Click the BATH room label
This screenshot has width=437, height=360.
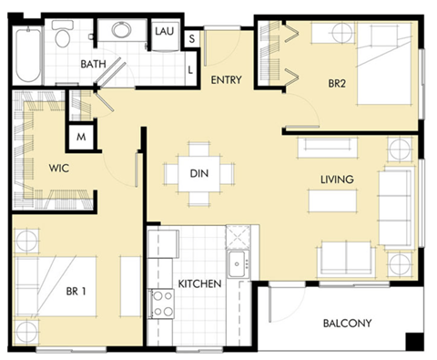(x=93, y=64)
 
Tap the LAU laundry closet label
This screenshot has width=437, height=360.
(x=165, y=31)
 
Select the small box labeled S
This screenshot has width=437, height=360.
(x=192, y=39)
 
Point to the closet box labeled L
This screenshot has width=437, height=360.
(x=191, y=68)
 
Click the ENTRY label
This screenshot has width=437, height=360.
(x=225, y=80)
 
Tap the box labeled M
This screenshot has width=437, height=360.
(x=81, y=138)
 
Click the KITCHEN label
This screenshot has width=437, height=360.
(x=200, y=284)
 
